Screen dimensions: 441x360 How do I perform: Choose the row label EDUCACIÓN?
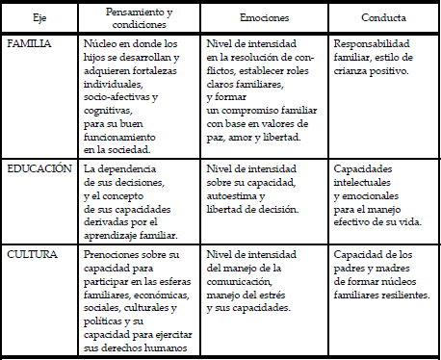click(x=39, y=167)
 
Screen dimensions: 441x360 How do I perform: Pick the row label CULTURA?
click(x=32, y=255)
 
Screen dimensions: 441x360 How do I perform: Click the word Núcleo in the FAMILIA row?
click(x=102, y=44)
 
